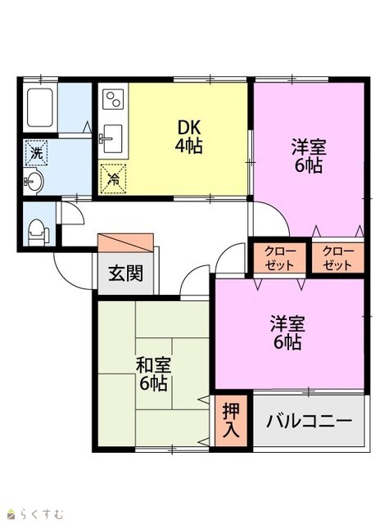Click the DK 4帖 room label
[189, 137]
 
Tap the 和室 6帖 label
[153, 374]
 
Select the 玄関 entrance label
[125, 273]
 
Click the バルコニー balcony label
[309, 421]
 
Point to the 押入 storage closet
[231, 420]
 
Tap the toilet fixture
[38, 232]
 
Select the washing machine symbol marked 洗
[36, 153]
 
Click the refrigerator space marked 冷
[114, 179]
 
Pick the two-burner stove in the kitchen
[113, 99]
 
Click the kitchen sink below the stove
[112, 138]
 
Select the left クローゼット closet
[280, 259]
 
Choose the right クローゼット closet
[338, 259]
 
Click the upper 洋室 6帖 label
[309, 156]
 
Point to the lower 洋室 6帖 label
[287, 332]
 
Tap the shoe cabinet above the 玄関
[125, 242]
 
